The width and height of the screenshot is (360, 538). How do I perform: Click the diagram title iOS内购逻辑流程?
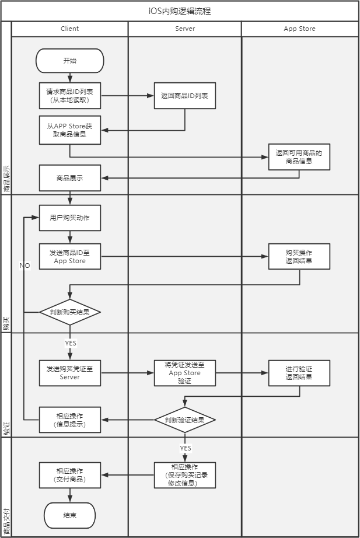tap(180, 11)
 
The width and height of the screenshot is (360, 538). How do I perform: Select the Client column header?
tap(69, 29)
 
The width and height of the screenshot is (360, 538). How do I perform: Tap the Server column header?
tap(185, 29)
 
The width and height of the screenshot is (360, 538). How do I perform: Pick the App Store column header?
tap(299, 29)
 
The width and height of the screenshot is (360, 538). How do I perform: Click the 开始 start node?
tap(69, 60)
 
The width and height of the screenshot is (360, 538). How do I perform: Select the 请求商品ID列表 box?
tap(69, 96)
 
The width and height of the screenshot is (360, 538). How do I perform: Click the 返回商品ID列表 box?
tap(184, 96)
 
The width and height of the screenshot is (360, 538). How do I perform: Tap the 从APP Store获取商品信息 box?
tap(69, 130)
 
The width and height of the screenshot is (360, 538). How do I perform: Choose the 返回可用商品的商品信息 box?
tap(299, 157)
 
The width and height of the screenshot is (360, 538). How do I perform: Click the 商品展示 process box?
tap(69, 178)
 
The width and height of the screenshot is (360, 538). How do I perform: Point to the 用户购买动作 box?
tap(69, 218)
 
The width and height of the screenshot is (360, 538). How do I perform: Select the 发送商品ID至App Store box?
tap(69, 257)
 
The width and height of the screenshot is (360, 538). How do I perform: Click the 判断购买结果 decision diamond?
tap(69, 312)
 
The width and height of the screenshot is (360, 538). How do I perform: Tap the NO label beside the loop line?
tap(25, 265)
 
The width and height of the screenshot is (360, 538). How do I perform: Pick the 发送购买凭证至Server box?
tap(69, 373)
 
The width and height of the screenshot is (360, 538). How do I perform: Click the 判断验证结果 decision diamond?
tap(185, 420)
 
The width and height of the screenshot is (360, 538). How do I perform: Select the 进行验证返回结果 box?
tap(299, 373)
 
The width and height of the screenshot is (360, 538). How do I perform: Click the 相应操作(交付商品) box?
tap(69, 474)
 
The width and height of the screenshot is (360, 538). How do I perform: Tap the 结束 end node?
tap(69, 515)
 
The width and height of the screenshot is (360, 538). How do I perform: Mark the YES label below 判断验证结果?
tap(186, 448)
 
